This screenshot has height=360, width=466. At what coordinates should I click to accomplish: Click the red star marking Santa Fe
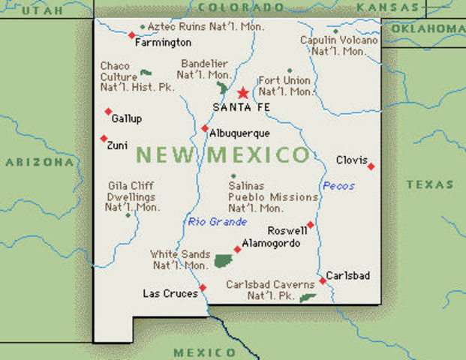tap(242, 93)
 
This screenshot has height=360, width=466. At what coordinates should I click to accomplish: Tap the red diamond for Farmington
tap(131, 35)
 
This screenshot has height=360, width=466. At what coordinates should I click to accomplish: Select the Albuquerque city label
tap(239, 133)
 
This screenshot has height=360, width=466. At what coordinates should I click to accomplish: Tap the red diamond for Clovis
tap(371, 166)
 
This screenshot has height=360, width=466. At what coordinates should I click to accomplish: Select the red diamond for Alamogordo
tap(237, 249)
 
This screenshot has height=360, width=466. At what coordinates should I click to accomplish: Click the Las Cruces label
tap(170, 293)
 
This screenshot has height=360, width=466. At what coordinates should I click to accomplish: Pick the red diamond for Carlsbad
tap(323, 280)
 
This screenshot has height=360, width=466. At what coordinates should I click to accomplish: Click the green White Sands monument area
tap(222, 261)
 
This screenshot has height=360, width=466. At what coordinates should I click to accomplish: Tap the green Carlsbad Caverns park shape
tap(306, 298)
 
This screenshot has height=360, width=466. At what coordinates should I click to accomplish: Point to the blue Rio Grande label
tap(218, 221)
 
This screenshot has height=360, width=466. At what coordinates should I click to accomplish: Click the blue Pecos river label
tap(338, 185)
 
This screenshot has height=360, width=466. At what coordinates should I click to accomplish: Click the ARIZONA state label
tap(38, 161)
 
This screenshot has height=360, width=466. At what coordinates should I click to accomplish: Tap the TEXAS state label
tap(430, 184)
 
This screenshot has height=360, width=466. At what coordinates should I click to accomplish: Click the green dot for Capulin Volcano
tap(335, 31)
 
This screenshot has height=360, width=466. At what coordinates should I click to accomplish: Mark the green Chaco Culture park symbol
tap(145, 73)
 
